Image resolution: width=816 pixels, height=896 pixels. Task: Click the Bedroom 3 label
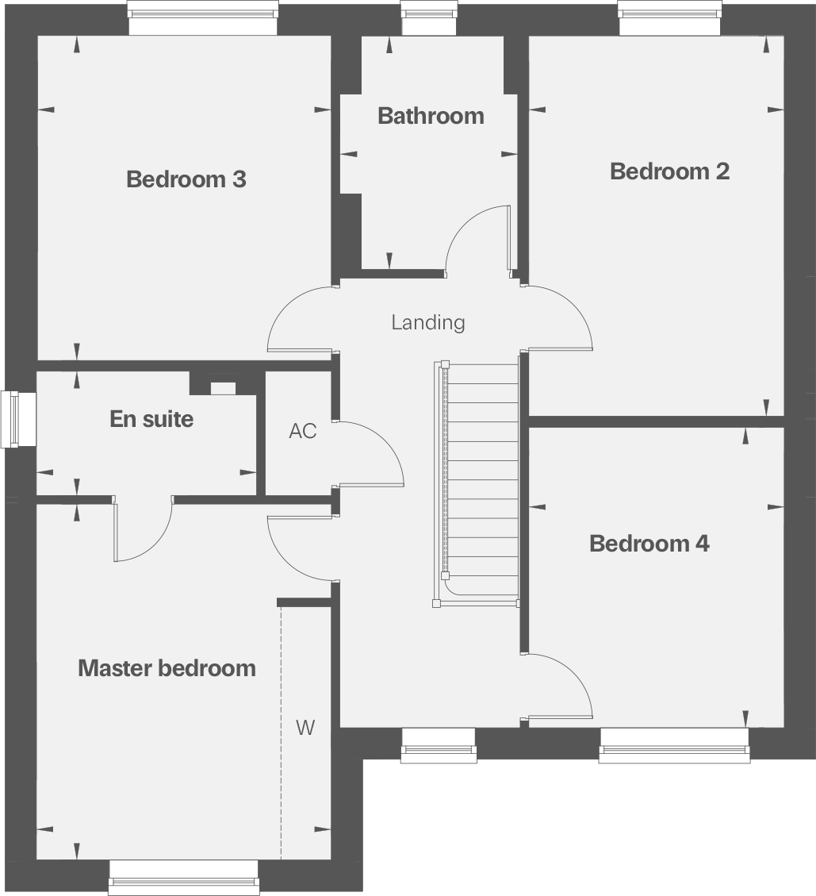tap(186, 179)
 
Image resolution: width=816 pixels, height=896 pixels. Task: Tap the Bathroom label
tap(431, 116)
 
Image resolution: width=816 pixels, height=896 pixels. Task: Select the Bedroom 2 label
tap(669, 171)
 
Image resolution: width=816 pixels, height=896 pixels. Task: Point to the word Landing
tap(428, 322)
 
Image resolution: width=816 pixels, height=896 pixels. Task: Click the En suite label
tap(151, 419)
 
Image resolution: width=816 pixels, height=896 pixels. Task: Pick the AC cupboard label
tap(302, 431)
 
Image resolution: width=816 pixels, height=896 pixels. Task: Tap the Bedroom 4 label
tap(649, 544)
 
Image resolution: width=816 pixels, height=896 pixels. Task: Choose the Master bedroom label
tap(167, 668)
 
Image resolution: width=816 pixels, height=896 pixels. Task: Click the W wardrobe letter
tap(305, 728)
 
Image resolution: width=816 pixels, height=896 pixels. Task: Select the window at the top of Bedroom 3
tap(203, 17)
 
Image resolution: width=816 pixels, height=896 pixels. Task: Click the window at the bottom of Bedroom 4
tap(674, 745)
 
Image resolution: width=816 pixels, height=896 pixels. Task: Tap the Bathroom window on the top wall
tap(428, 17)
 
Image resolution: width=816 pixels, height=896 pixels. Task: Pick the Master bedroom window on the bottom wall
tap(183, 877)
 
